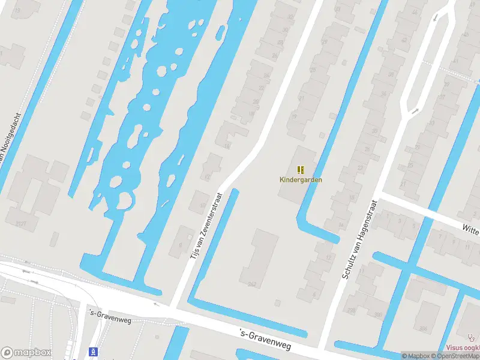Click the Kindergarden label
click(x=296, y=179)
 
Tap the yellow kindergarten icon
click(x=301, y=170)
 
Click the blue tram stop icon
click(x=93, y=352)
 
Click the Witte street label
click(x=470, y=227)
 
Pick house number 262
click(x=251, y=283)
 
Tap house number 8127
click(x=22, y=224)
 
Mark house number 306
click(x=422, y=328)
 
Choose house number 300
click(x=377, y=314)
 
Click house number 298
click(x=350, y=310)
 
